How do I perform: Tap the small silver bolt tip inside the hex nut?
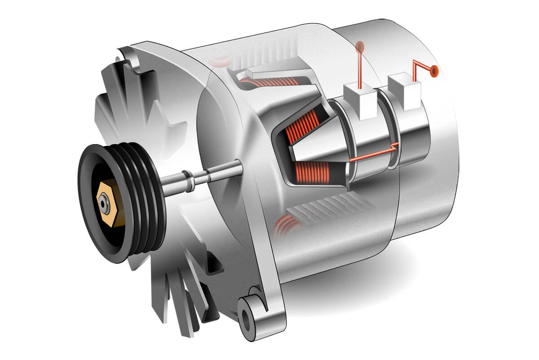tap(104, 206)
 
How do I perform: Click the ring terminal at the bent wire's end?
tap(434, 70)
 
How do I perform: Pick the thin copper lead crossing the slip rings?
tap(373, 155)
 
